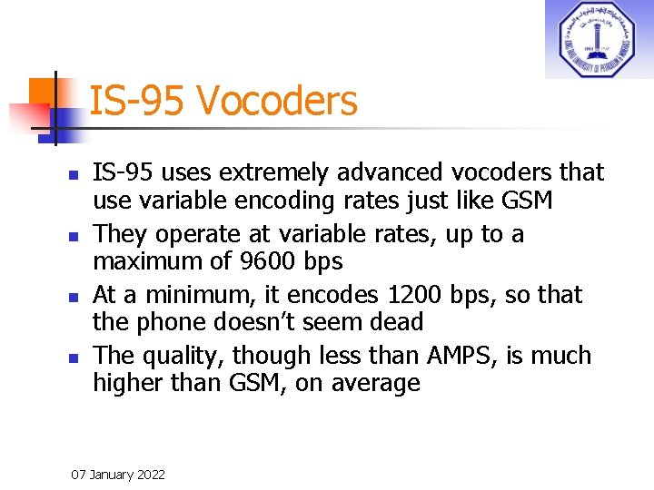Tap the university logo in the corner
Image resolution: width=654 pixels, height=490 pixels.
598,39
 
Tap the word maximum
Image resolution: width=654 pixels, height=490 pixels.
149,262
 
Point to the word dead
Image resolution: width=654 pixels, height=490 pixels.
393,322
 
